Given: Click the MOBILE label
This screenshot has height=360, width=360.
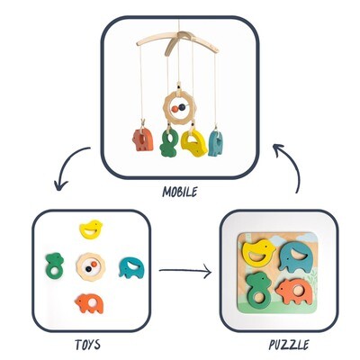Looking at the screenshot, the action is pyautogui.click(x=180, y=192).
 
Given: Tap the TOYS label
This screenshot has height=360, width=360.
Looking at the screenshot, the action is pyautogui.click(x=87, y=345).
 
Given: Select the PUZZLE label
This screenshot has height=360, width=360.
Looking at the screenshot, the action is pyautogui.click(x=289, y=345).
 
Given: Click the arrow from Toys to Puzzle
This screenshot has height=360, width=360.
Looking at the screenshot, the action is pyautogui.click(x=185, y=271).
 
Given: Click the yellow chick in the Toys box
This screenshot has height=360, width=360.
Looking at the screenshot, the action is pyautogui.click(x=91, y=229).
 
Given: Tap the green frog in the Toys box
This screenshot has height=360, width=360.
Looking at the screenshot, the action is pyautogui.click(x=55, y=265).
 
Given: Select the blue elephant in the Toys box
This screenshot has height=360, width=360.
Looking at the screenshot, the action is pyautogui.click(x=131, y=268).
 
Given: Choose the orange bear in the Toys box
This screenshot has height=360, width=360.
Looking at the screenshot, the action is pyautogui.click(x=89, y=303).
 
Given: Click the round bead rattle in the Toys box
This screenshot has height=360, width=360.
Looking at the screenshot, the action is pyautogui.click(x=91, y=266).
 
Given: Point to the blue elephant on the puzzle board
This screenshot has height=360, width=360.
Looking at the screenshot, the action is pyautogui.click(x=295, y=256).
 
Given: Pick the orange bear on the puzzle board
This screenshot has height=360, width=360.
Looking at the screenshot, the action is pyautogui.click(x=295, y=291).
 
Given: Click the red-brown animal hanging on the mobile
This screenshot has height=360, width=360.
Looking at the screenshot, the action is pyautogui.click(x=143, y=139).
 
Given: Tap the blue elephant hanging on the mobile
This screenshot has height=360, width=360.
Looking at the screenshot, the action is pyautogui.click(x=216, y=143).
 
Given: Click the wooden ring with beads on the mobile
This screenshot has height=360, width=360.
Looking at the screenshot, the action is pyautogui.click(x=178, y=108).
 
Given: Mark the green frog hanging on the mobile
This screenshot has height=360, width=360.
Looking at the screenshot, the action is pyautogui.click(x=169, y=143).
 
